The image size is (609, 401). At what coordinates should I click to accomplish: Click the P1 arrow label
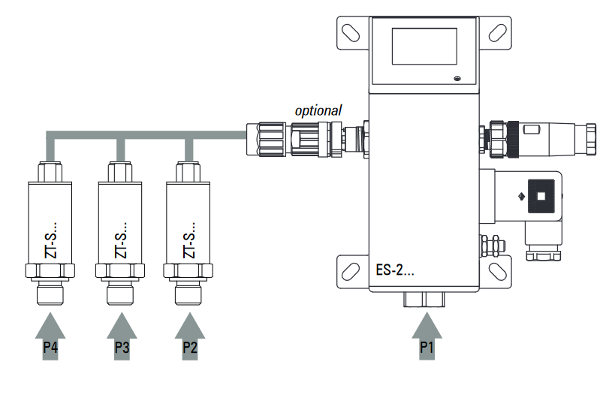(x=426, y=348)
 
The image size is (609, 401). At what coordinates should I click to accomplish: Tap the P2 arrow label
(x=191, y=348)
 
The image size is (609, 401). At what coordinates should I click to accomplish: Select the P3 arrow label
(x=122, y=348)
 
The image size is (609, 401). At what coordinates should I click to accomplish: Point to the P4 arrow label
(x=50, y=348)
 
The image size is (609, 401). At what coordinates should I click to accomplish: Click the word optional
(x=318, y=110)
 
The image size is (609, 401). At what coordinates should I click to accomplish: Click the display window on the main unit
(x=424, y=47)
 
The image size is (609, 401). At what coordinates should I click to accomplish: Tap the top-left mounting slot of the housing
(x=351, y=32)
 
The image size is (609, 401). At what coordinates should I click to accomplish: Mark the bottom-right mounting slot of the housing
(x=496, y=268)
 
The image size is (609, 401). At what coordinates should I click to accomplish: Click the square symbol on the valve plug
(x=541, y=197)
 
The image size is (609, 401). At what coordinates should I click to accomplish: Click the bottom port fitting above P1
(x=424, y=300)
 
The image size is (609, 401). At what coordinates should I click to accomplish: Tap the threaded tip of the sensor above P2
(x=190, y=295)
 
